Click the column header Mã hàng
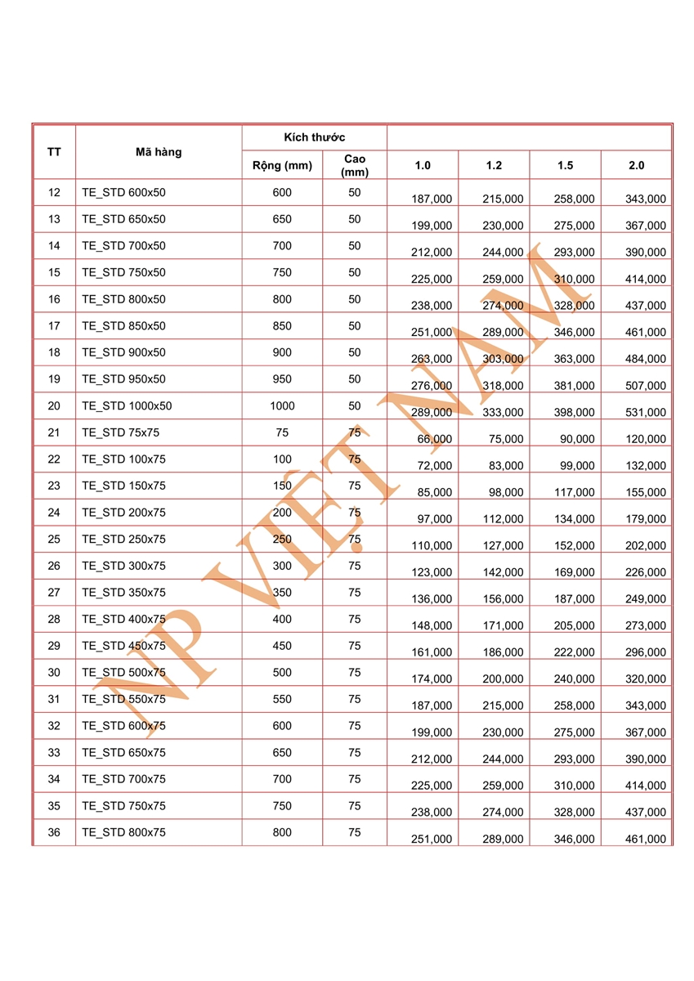click(159, 152)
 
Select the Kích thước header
click(315, 137)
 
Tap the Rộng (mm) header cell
click(282, 165)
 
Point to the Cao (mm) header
click(355, 165)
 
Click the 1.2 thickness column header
click(494, 165)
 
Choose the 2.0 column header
click(637, 165)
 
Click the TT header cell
click(54, 152)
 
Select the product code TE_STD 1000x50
click(127, 406)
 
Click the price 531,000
click(646, 412)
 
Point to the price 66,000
click(435, 439)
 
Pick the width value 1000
click(282, 406)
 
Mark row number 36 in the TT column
click(54, 832)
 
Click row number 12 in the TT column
click(54, 193)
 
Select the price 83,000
click(506, 466)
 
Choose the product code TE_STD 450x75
click(123, 646)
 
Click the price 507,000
click(646, 386)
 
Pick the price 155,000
click(646, 492)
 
